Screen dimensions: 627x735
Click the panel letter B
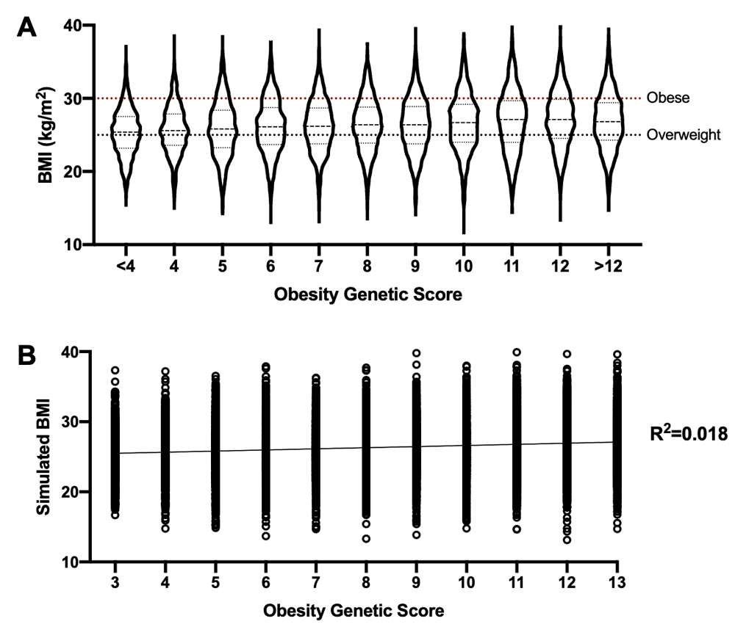tap(27, 358)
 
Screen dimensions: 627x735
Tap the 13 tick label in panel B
tap(617, 582)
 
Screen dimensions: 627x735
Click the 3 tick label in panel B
tap(115, 582)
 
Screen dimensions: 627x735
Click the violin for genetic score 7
tap(319, 132)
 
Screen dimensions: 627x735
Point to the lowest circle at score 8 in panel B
tap(366, 538)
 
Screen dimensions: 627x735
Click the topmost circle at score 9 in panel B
tap(416, 353)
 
